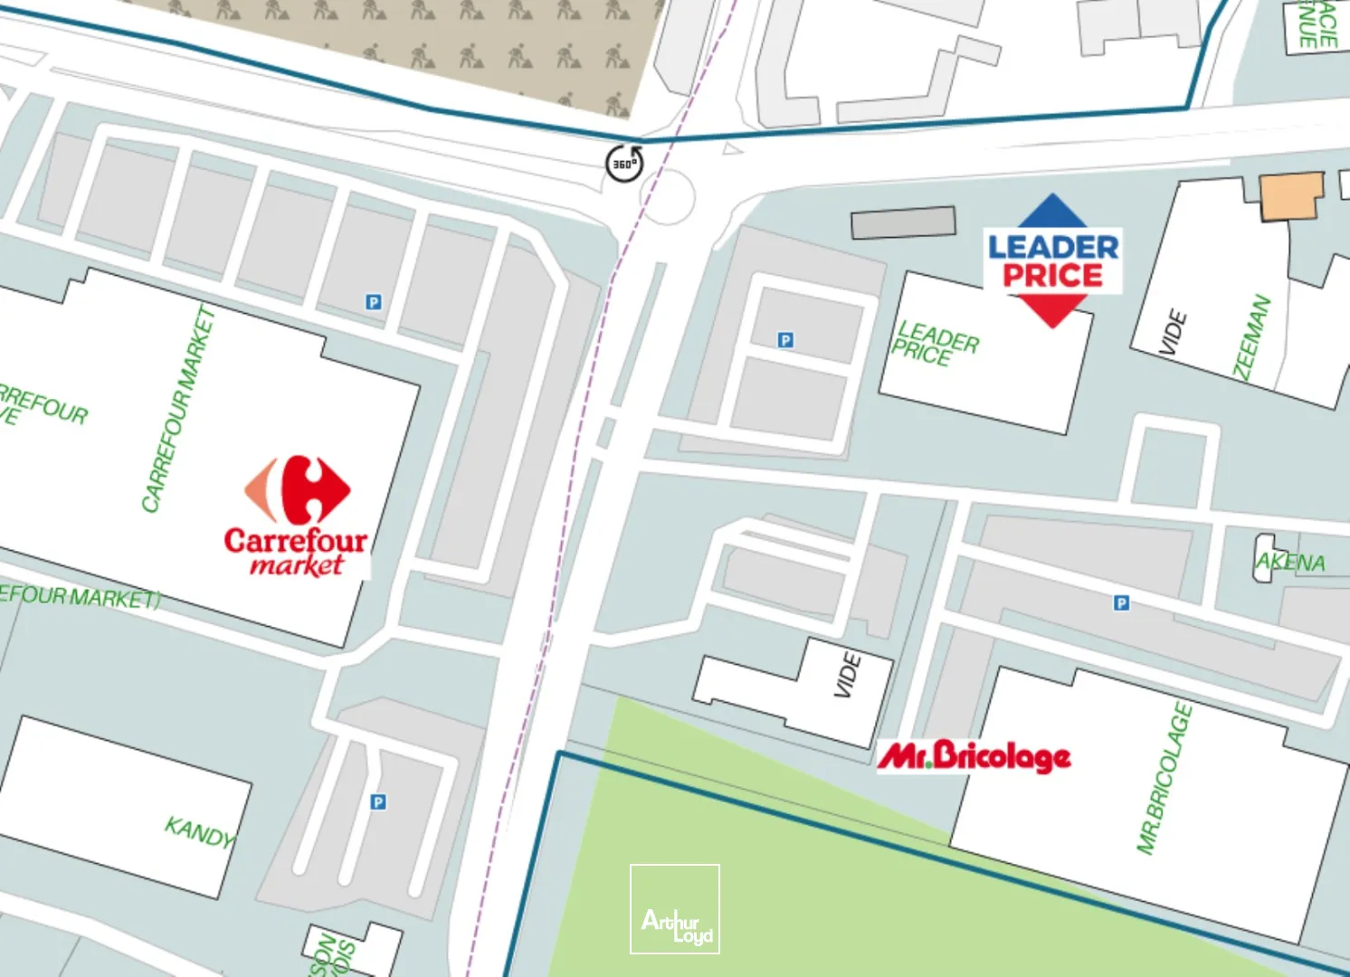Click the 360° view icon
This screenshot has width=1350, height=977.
pos(623,163)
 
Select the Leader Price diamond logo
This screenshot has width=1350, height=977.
pos(1052,261)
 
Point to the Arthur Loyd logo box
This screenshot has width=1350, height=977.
pos(675,909)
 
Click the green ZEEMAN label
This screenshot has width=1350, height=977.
pos(1252,337)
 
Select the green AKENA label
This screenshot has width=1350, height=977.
pos(1291,562)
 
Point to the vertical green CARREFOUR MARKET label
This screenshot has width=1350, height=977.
pos(178,409)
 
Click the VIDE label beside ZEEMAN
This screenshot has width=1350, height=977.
pos(1173,332)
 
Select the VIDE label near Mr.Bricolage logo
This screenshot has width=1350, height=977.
pos(847,675)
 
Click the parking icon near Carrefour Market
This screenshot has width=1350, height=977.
pos(374,302)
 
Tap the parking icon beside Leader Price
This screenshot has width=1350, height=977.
pos(785,340)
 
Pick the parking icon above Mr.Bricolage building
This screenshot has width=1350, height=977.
pos(1121,602)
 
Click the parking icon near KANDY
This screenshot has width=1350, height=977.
pos(378,802)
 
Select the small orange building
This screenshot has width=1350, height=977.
pos(1291,196)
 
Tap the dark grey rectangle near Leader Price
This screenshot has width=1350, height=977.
pos(903,223)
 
